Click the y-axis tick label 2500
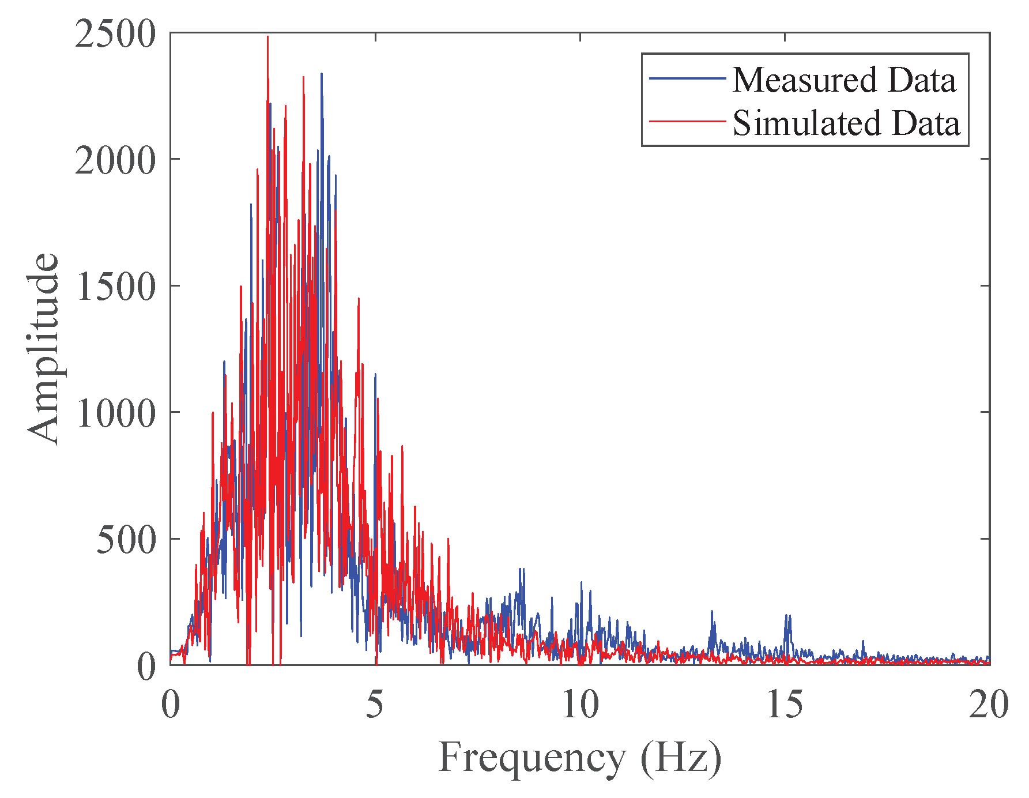(115, 35)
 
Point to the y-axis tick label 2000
(115, 161)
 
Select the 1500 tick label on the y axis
(115, 287)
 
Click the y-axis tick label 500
(126, 540)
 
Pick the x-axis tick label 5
(375, 705)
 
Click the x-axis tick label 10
(580, 705)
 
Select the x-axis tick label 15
(785, 705)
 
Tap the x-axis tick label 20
(989, 705)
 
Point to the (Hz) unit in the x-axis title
(681, 758)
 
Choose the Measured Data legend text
(844, 80)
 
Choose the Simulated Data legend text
(846, 123)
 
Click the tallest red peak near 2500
(267, 38)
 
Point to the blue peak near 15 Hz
(786, 616)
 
